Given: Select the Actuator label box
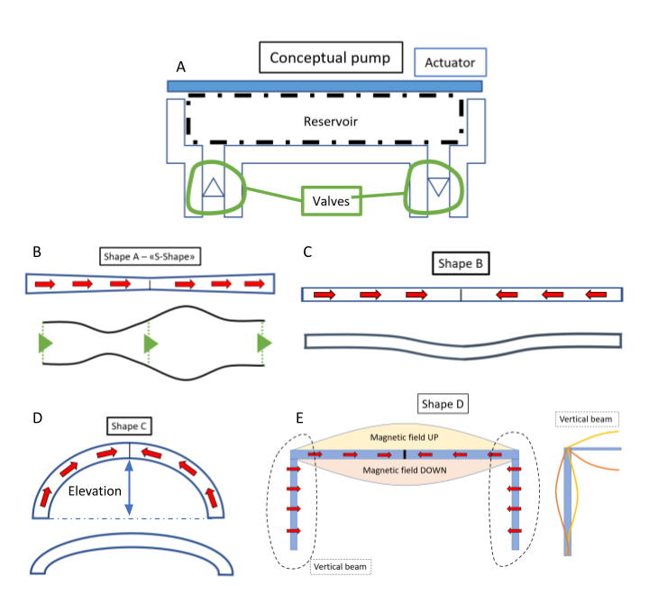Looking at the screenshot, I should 451,62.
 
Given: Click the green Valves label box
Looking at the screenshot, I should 331,201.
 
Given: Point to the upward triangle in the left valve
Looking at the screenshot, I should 213,187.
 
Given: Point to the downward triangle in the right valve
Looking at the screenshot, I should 438,187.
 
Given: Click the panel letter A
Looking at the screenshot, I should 182,67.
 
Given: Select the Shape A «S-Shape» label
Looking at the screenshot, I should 149,257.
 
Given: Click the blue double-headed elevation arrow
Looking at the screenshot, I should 130,488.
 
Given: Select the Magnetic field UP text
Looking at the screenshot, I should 403,436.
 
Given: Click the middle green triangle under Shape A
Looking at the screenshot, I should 151,343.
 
